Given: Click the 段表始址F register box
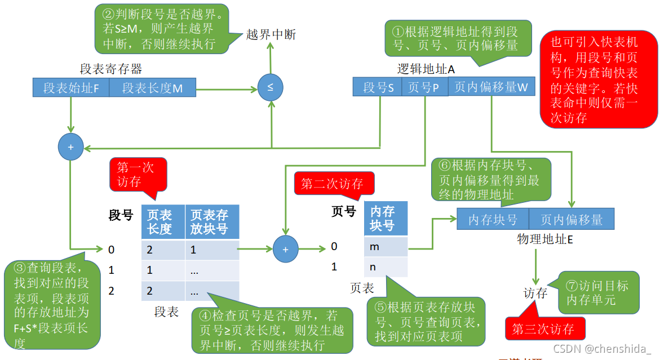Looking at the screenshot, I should [x=71, y=88].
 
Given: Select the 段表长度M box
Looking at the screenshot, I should [x=152, y=88].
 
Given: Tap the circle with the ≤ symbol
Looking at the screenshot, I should [x=270, y=88].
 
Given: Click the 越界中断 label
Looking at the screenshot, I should [x=271, y=35].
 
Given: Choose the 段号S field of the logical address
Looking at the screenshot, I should [x=378, y=87].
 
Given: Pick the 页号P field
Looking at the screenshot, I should [x=424, y=87].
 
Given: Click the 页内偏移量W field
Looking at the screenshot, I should [x=491, y=87].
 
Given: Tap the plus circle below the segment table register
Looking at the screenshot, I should [x=70, y=147].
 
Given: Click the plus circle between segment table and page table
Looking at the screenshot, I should [x=285, y=248].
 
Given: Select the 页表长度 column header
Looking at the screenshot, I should [x=163, y=222].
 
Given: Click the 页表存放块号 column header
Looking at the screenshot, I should [x=212, y=222].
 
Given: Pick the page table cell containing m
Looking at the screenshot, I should [x=386, y=247].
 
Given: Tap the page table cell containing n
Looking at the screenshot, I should [x=386, y=266].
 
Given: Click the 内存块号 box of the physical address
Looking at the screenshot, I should [x=493, y=219].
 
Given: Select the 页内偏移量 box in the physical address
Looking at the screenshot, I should [x=572, y=219].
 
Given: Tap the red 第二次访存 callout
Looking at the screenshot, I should [x=332, y=184].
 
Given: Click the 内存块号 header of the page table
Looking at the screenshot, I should [x=386, y=219].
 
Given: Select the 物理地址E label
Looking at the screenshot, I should [x=545, y=238].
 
